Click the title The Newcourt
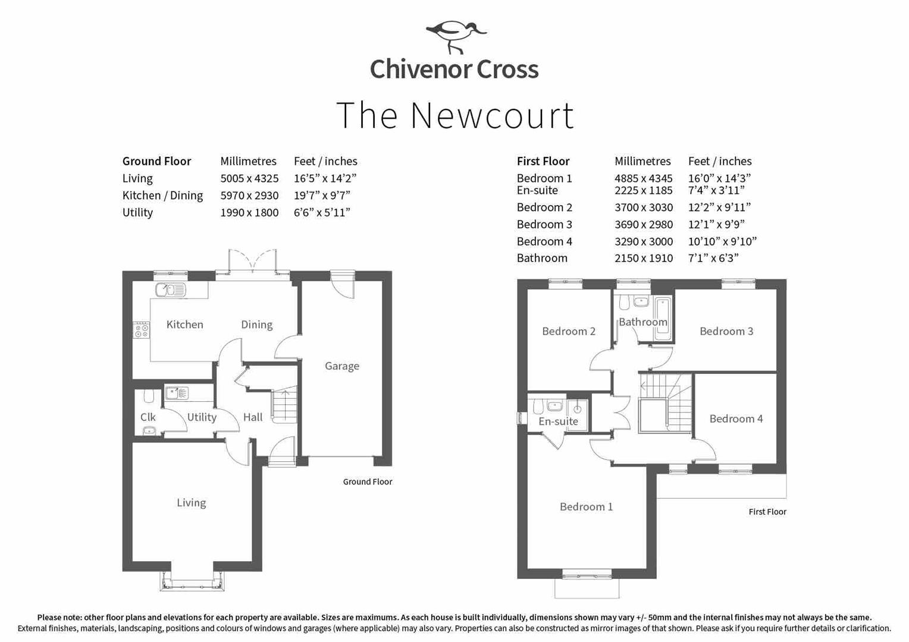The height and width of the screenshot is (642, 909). (455, 115)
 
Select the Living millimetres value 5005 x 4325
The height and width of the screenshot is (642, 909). (249, 178)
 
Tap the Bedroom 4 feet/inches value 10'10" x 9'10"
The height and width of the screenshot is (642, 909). (722, 242)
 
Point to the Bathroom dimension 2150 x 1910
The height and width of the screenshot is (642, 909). (644, 259)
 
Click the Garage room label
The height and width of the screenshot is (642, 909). (342, 366)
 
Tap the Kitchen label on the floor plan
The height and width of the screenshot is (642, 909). (184, 325)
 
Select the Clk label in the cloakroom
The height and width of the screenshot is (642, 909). (148, 417)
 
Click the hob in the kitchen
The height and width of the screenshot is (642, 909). (142, 330)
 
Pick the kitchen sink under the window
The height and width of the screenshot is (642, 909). (170, 289)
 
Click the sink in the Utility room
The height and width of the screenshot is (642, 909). (177, 393)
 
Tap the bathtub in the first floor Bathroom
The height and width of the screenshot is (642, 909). (663, 320)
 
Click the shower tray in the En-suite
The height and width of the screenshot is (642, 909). (577, 410)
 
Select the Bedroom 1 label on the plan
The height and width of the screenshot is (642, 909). (587, 506)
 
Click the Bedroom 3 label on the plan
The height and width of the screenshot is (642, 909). (726, 331)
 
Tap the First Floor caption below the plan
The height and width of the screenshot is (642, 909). (767, 512)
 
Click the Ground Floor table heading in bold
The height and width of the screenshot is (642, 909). (156, 162)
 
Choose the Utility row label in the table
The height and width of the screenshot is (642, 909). (137, 212)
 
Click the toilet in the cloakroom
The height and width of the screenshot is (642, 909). (149, 396)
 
